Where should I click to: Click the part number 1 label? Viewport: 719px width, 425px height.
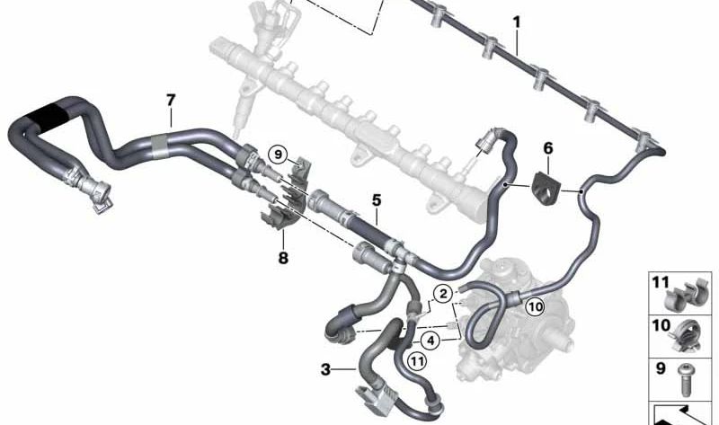pos(516,20)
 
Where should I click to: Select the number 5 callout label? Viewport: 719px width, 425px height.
pos(377,199)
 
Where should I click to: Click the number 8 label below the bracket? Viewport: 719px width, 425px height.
pos(283,257)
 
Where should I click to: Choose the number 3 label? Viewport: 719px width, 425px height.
pos(324,368)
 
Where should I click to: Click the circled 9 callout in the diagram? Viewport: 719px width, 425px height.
pos(279,155)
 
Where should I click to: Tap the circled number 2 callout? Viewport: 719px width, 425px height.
pos(442,292)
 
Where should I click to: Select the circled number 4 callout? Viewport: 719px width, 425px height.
pos(431,341)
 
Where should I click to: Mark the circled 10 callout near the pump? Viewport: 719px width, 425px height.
pos(536,307)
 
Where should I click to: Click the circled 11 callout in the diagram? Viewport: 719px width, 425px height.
pos(415,361)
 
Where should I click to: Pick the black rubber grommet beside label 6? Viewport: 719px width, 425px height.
pos(546,185)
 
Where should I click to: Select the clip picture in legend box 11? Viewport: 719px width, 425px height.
pos(695,296)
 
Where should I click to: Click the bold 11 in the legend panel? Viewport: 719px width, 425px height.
pos(661,282)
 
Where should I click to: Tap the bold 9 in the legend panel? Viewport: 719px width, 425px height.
pos(661,367)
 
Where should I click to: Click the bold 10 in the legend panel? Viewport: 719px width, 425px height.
pos(661,324)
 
